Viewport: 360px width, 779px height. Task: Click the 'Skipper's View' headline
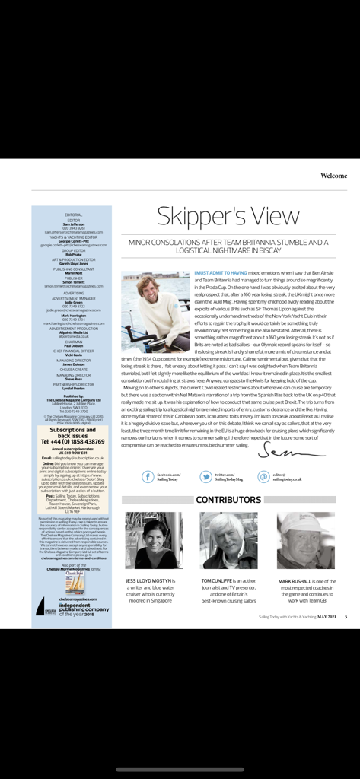pyautogui.click(x=227, y=216)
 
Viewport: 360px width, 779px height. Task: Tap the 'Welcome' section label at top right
pyautogui.click(x=333, y=176)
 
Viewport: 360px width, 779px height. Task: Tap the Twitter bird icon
pyautogui.click(x=206, y=477)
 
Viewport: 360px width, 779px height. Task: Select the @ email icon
pyautogui.click(x=264, y=477)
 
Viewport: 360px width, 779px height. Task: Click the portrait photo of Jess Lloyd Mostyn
pyautogui.click(x=154, y=540)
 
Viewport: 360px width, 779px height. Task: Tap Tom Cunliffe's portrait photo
pyautogui.click(x=228, y=540)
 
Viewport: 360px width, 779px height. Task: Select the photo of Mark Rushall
pyautogui.click(x=305, y=540)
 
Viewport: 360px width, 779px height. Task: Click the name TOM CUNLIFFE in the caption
pyautogui.click(x=221, y=580)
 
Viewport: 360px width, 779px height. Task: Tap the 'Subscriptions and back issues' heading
pyautogui.click(x=72, y=432)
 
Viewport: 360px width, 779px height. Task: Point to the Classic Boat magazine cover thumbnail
pyautogui.click(x=74, y=582)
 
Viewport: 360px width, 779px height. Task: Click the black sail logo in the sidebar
pyautogui.click(x=40, y=606)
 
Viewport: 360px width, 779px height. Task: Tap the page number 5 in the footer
pyautogui.click(x=346, y=617)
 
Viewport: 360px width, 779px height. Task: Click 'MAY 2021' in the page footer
pyautogui.click(x=327, y=617)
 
